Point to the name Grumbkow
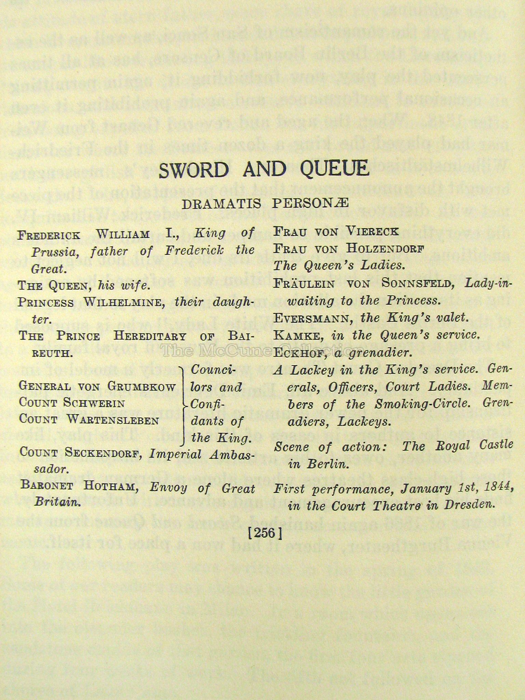142,386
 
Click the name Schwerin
93,403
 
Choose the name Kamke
298,336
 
